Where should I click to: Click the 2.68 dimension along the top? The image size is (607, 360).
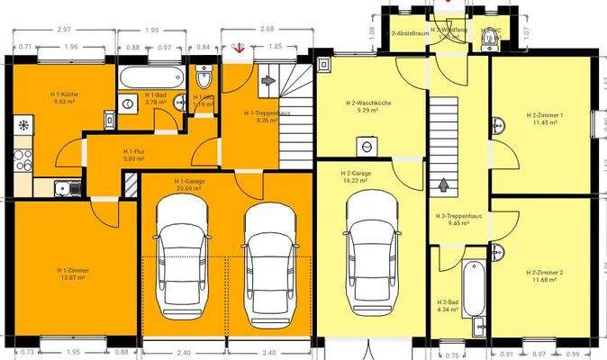point(267,30)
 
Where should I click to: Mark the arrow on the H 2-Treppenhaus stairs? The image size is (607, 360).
point(442,186)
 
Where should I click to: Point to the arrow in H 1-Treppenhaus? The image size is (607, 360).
point(267,80)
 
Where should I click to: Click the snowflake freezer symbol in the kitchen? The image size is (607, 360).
point(23,122)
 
